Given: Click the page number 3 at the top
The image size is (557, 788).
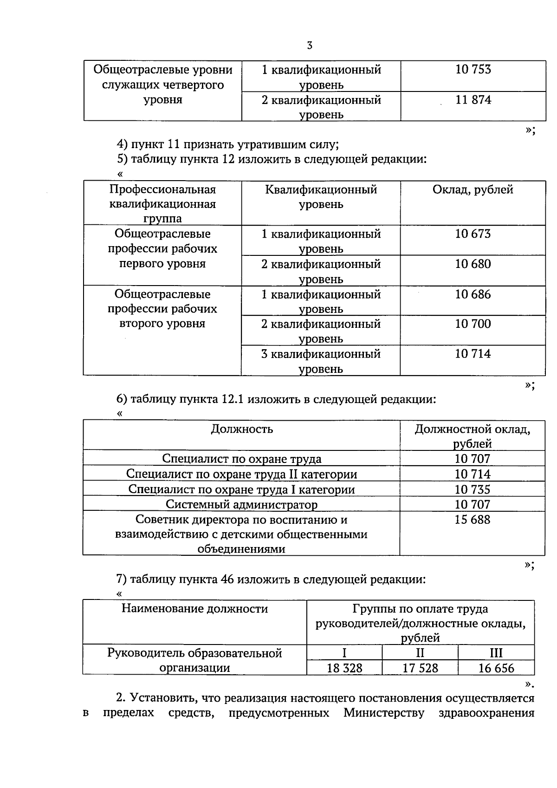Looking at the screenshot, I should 310,46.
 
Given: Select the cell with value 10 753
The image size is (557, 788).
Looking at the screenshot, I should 473,70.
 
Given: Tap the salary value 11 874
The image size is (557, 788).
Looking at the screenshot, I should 473,100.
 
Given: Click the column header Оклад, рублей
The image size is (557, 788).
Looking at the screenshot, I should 473,189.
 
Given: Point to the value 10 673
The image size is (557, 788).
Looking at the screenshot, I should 473,234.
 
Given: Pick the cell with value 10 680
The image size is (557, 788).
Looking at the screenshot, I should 473,264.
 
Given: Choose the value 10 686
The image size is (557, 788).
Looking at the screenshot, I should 473,294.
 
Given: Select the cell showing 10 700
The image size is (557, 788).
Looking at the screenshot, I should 473,324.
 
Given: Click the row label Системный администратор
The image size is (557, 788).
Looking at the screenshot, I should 242,504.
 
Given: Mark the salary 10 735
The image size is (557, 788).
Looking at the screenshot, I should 473,489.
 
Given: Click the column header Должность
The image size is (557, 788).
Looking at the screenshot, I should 242,429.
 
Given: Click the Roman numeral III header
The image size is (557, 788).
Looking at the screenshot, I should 496,653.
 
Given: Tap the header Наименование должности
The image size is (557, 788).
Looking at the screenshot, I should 194,608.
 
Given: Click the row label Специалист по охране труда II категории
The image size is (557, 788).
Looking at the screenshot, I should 242,474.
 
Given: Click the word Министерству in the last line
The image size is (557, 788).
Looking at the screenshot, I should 384,713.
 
